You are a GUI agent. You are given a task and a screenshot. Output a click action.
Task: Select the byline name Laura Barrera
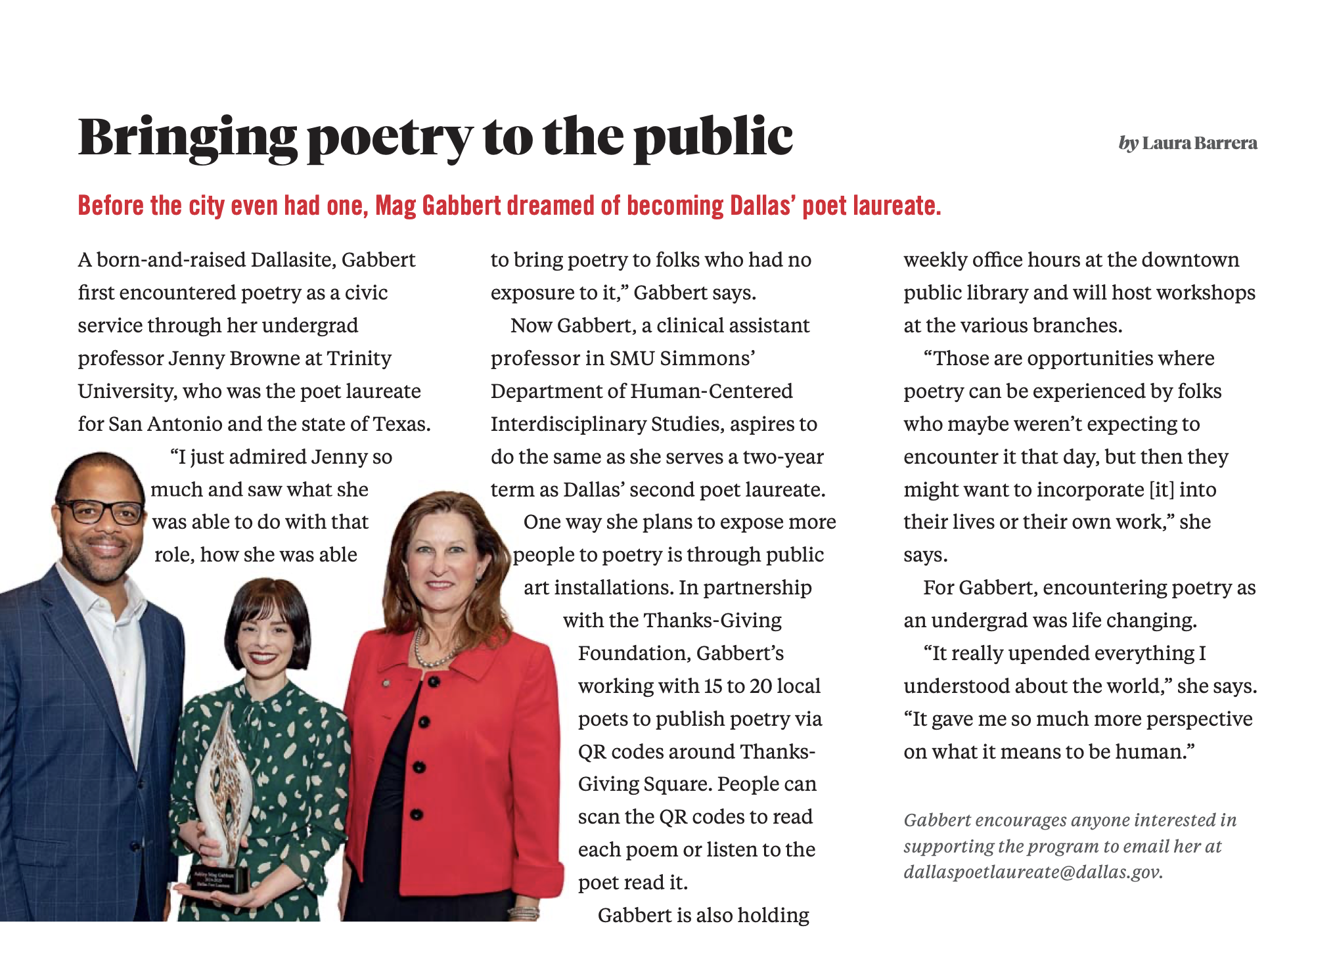click(1199, 143)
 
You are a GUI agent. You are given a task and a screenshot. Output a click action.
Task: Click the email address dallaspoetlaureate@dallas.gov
click(1031, 872)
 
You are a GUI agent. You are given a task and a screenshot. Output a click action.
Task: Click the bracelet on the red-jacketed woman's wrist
click(523, 913)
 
